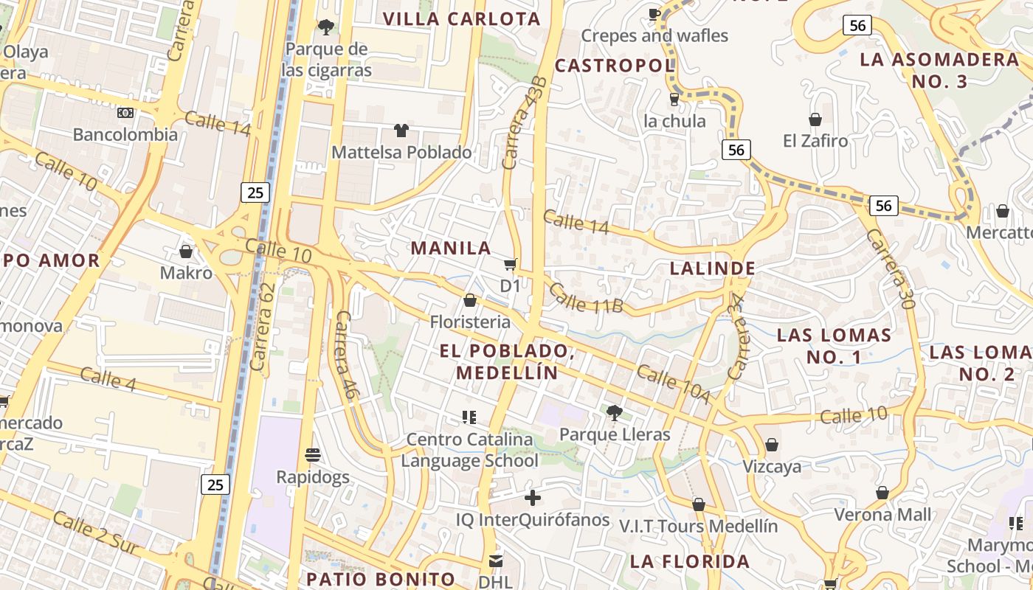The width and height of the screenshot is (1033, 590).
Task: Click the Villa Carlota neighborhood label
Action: pos(462,19)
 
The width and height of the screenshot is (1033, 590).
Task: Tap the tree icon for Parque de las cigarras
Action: pos(325,27)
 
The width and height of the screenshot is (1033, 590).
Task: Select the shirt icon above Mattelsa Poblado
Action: pos(401,131)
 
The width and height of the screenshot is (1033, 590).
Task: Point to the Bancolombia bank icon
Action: pos(125,113)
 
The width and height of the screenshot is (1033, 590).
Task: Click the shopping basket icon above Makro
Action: pos(185,251)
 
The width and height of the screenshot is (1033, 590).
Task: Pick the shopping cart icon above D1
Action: pos(509,264)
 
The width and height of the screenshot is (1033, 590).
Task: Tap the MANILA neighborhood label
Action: pos(451,248)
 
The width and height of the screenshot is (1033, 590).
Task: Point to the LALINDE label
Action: pos(712,268)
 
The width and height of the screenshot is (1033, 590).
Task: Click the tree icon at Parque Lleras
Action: pos(614,412)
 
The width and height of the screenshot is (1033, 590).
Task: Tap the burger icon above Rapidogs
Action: pos(313,454)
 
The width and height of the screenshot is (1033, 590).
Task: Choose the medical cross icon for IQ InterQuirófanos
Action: pos(532,498)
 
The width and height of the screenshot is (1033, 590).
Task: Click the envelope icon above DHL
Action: pos(495,561)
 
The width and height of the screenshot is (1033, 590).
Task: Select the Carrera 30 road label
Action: pos(891,268)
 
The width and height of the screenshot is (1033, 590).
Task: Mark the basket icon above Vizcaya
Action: pos(771,445)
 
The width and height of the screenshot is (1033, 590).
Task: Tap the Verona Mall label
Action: pos(882,514)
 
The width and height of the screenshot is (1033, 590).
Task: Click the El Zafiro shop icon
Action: pos(815,119)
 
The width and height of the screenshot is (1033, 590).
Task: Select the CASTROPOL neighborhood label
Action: pos(615,66)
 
